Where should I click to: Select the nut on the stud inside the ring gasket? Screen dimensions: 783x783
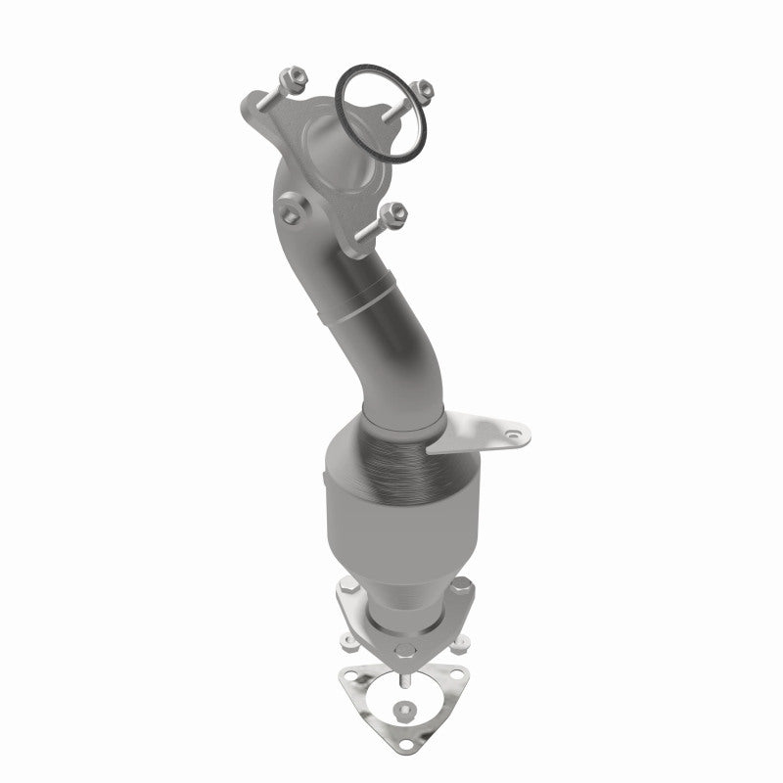tap(422, 88)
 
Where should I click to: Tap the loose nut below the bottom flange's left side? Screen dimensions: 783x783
tap(348, 641)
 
